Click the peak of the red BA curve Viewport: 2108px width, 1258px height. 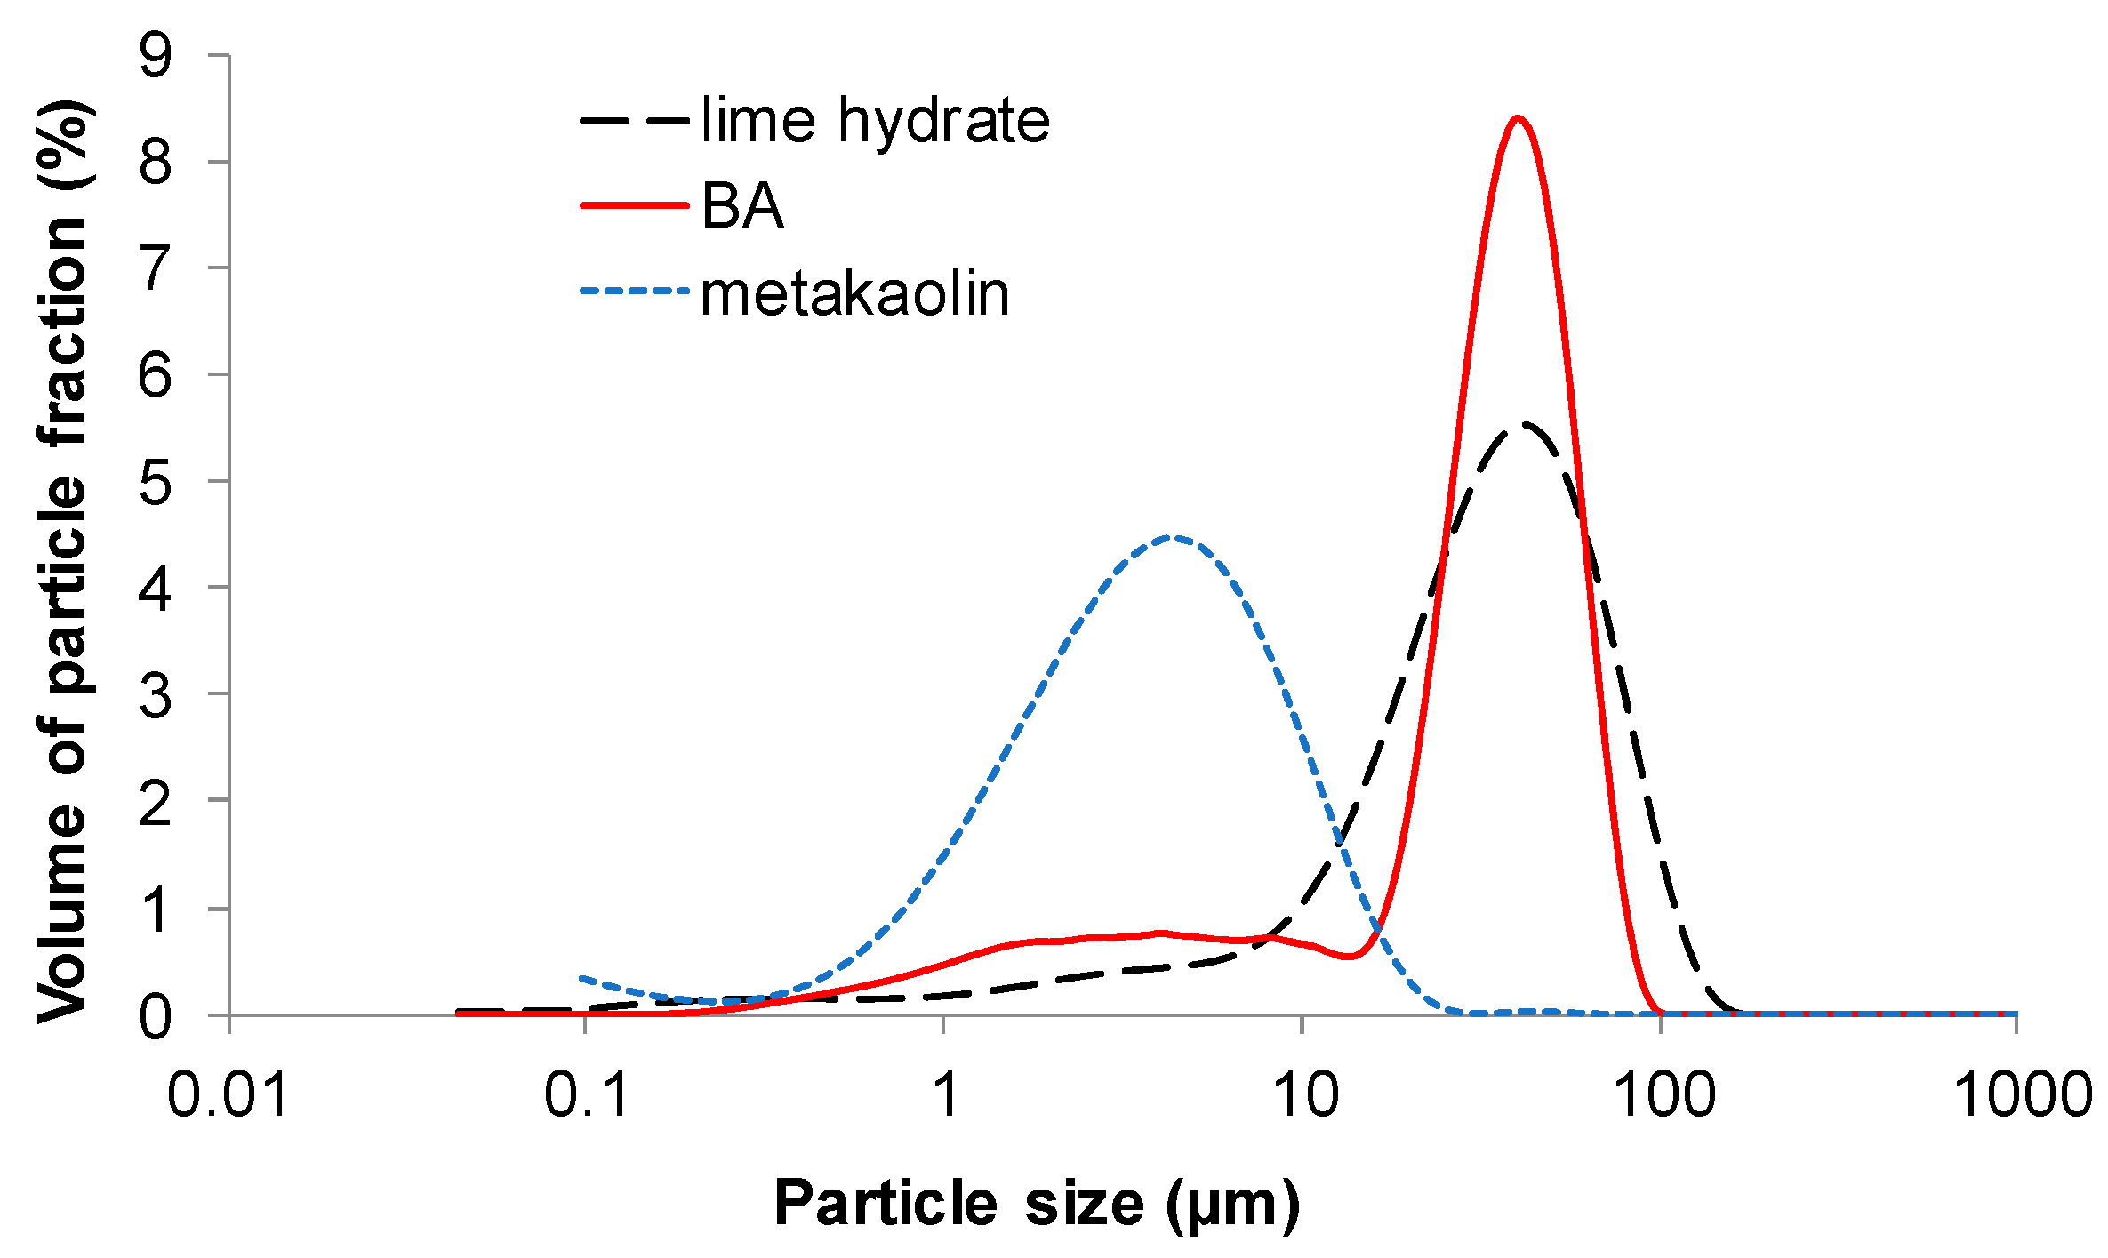[1517, 118]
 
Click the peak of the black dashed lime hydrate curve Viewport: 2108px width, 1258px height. [1524, 425]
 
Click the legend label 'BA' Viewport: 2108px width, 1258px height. [742, 206]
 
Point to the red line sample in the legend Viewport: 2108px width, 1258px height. [634, 205]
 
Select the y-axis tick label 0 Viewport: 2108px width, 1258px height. [156, 1016]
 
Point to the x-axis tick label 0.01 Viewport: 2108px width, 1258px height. [228, 1094]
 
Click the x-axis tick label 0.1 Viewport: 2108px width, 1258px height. [586, 1094]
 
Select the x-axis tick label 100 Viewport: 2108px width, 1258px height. [1663, 1094]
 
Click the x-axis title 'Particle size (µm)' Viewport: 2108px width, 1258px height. [1037, 1204]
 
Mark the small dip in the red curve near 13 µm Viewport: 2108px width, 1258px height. [1350, 957]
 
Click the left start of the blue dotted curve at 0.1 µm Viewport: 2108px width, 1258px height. [583, 978]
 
